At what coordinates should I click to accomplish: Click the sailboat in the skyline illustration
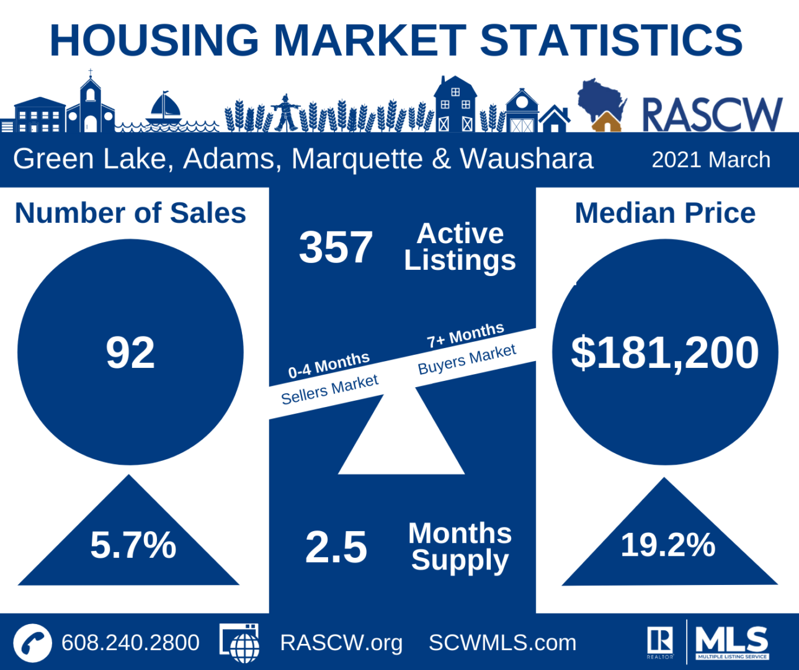tap(164, 109)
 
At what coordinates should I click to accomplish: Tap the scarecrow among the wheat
tap(285, 112)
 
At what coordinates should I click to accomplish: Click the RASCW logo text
tap(712, 115)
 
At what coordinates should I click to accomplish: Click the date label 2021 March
tap(711, 160)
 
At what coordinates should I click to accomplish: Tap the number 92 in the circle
tap(130, 353)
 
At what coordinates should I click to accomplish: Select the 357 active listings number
tap(336, 248)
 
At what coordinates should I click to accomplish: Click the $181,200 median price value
tap(665, 353)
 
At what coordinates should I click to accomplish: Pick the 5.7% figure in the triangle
tap(133, 545)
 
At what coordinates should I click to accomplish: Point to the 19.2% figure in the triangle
tap(668, 545)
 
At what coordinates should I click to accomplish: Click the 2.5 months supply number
tap(336, 547)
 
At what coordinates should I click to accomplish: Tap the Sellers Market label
tap(329, 389)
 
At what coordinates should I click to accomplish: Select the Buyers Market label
tap(466, 359)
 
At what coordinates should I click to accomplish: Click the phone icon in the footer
tap(32, 643)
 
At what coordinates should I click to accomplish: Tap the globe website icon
tap(240, 643)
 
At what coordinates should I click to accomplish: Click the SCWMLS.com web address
tap(502, 643)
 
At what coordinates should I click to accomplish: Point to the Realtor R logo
tap(660, 641)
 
